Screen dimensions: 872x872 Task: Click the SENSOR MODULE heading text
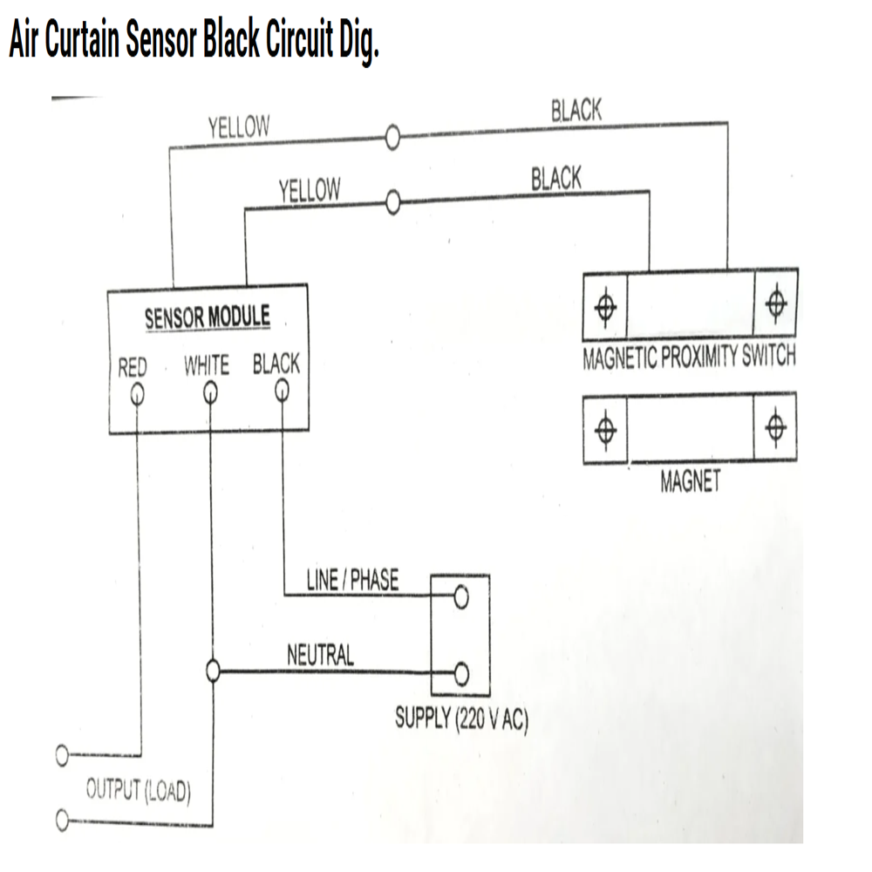(x=208, y=317)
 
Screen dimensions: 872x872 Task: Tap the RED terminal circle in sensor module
(x=137, y=395)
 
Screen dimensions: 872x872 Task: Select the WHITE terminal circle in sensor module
(x=210, y=394)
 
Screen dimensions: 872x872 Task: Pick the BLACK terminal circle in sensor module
(x=282, y=392)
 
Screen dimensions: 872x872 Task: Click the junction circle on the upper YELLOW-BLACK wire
(x=392, y=138)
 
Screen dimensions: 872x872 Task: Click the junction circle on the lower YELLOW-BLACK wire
(x=392, y=204)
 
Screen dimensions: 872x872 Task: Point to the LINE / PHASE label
(x=352, y=580)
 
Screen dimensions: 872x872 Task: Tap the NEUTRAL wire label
(x=320, y=655)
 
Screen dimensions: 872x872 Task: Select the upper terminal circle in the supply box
(x=461, y=597)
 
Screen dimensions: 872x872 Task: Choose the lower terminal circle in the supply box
(x=461, y=673)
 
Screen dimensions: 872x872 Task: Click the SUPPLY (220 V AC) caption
(x=461, y=720)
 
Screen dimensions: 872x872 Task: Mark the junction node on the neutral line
(x=211, y=671)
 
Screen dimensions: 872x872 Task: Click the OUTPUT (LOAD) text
(x=138, y=792)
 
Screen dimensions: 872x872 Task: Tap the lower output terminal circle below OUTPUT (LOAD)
(x=62, y=820)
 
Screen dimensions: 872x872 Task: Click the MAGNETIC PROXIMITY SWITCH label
(x=689, y=358)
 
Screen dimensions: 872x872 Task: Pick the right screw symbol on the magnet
(x=774, y=427)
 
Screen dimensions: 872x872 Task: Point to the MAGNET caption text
(x=690, y=481)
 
